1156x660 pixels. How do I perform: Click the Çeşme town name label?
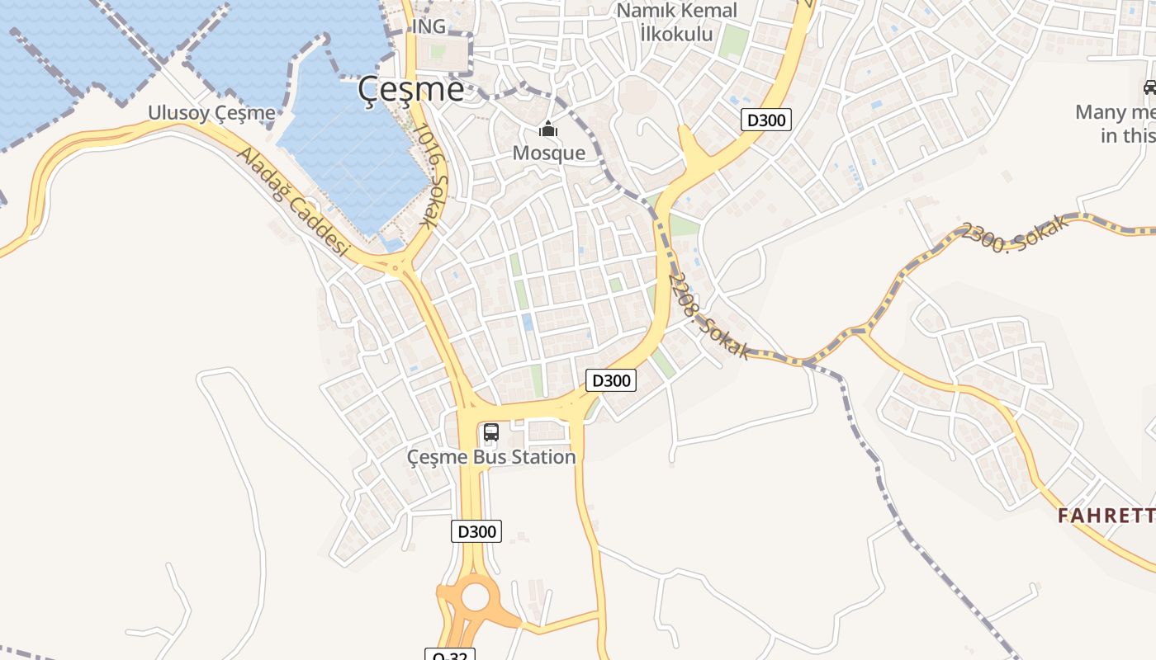point(411,89)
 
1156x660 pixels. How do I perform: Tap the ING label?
point(429,26)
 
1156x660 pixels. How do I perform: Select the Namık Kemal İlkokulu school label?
point(676,22)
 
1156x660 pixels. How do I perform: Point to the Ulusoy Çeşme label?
point(211,113)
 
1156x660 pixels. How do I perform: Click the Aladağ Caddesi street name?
point(294,202)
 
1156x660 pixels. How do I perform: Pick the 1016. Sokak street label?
point(431,176)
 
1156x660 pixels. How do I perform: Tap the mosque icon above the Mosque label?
point(548,130)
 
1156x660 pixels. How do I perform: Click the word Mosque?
point(548,153)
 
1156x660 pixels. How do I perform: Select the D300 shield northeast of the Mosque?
point(765,120)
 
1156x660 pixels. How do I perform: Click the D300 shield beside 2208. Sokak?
point(611,380)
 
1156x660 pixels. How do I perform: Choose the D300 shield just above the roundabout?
point(476,531)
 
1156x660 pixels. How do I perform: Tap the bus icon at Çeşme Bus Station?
point(491,431)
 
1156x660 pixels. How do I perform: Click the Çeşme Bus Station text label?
point(491,456)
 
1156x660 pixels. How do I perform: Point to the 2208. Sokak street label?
point(708,318)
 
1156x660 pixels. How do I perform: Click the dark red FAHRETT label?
point(1106,516)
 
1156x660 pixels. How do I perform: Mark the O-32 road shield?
point(450,655)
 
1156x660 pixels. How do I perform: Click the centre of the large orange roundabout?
point(476,596)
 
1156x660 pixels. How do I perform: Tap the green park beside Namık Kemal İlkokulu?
point(732,41)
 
